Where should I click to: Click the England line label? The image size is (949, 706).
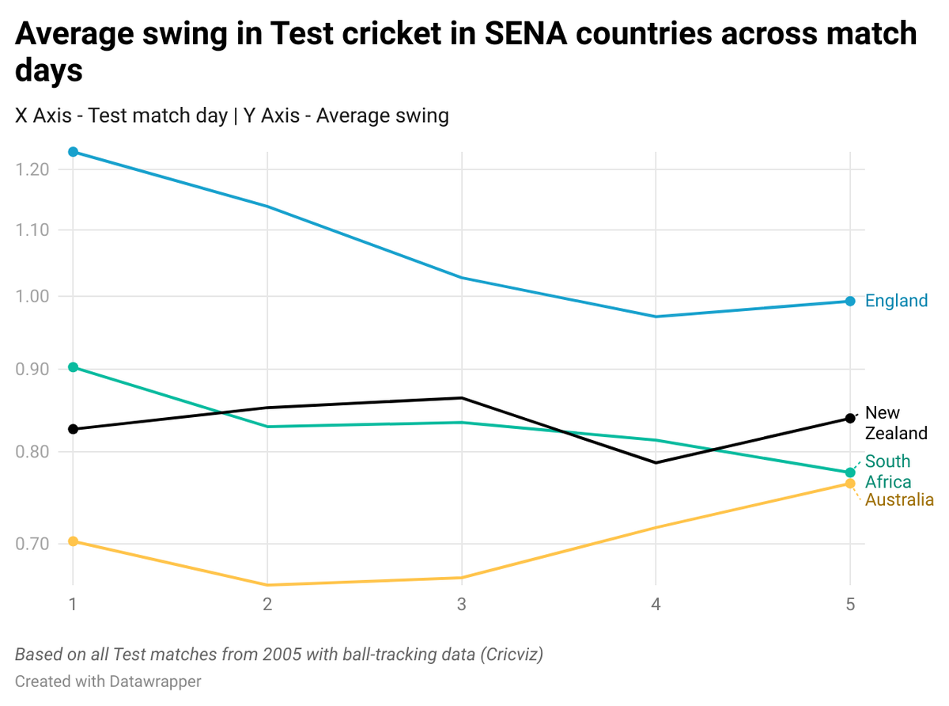click(x=896, y=301)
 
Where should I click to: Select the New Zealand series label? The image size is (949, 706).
click(x=895, y=423)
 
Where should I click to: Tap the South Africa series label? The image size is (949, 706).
click(x=887, y=472)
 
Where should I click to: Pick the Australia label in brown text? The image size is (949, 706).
click(x=899, y=500)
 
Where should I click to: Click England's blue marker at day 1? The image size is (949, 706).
click(x=73, y=152)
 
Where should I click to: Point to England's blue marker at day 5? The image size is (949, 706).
click(x=850, y=302)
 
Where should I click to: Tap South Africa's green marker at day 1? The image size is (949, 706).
click(x=73, y=367)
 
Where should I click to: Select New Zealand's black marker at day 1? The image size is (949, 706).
click(x=73, y=429)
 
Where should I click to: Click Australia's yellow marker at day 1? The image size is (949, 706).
click(x=73, y=541)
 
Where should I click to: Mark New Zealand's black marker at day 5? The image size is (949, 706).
click(x=850, y=418)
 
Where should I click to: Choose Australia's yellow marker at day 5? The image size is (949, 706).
click(x=850, y=484)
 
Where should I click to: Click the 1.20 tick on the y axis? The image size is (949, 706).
click(x=32, y=169)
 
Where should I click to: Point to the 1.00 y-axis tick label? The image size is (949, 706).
click(x=32, y=297)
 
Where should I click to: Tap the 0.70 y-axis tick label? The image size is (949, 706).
click(x=32, y=544)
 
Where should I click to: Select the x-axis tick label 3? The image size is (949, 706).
click(x=462, y=605)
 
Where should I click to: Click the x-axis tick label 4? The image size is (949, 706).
click(x=656, y=605)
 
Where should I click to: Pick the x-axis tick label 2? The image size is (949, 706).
click(x=267, y=605)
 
